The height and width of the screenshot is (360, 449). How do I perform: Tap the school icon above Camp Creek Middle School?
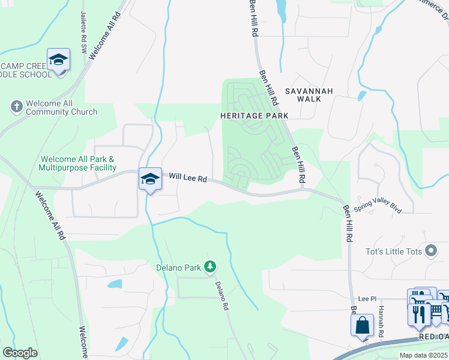tap(59, 60)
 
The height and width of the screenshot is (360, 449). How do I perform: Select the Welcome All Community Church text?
tap(62, 107)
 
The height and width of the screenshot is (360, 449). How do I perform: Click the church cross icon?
tap(16, 107)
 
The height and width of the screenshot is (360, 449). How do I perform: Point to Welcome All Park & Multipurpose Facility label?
tap(78, 163)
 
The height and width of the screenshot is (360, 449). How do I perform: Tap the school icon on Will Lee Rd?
tap(150, 179)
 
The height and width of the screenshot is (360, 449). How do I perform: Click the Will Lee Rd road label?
tap(188, 178)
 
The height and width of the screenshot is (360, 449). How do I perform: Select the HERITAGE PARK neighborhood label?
tap(254, 115)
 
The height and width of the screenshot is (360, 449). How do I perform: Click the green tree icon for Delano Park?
tap(210, 266)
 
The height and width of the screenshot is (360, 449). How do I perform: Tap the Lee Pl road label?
tap(366, 298)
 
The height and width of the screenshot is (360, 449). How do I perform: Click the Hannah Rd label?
tap(381, 321)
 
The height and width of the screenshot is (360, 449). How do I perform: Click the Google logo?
tap(20, 352)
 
